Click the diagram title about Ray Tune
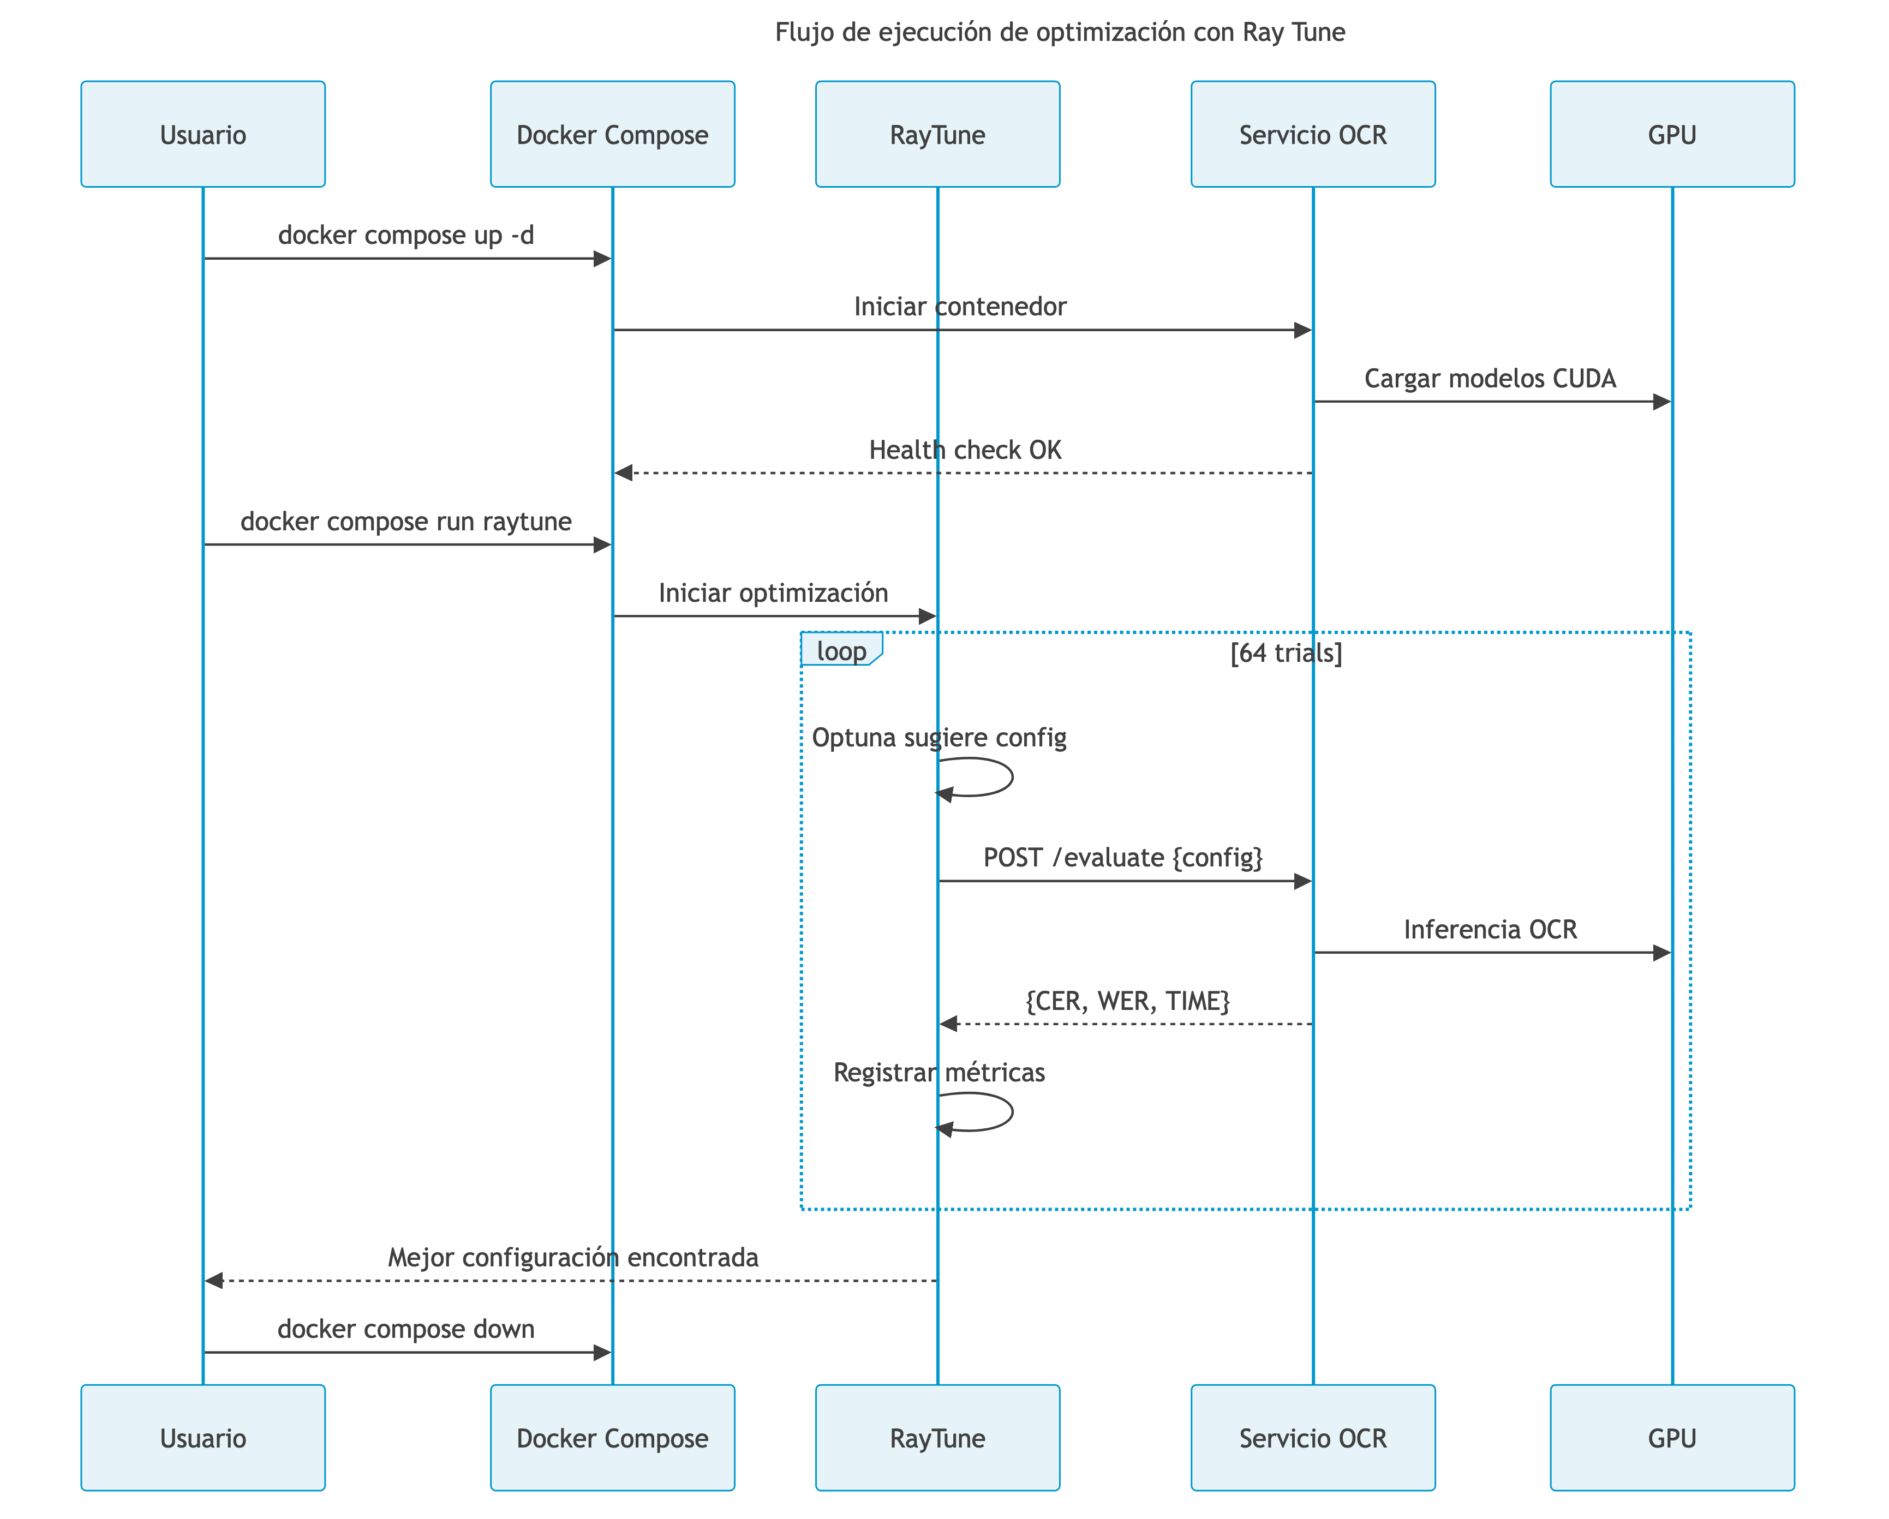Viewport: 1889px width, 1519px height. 1059,32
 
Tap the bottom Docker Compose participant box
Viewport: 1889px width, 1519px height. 612,1438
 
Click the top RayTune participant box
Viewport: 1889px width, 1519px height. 937,134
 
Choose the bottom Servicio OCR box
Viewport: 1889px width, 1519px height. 1312,1438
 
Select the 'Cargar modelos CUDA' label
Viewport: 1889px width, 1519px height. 1490,379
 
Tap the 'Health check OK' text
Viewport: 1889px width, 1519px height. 965,450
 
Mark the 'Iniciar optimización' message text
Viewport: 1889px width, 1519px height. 773,593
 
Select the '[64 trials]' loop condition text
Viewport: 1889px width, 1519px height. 1286,653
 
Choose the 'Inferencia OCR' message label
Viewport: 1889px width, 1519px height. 1490,929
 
